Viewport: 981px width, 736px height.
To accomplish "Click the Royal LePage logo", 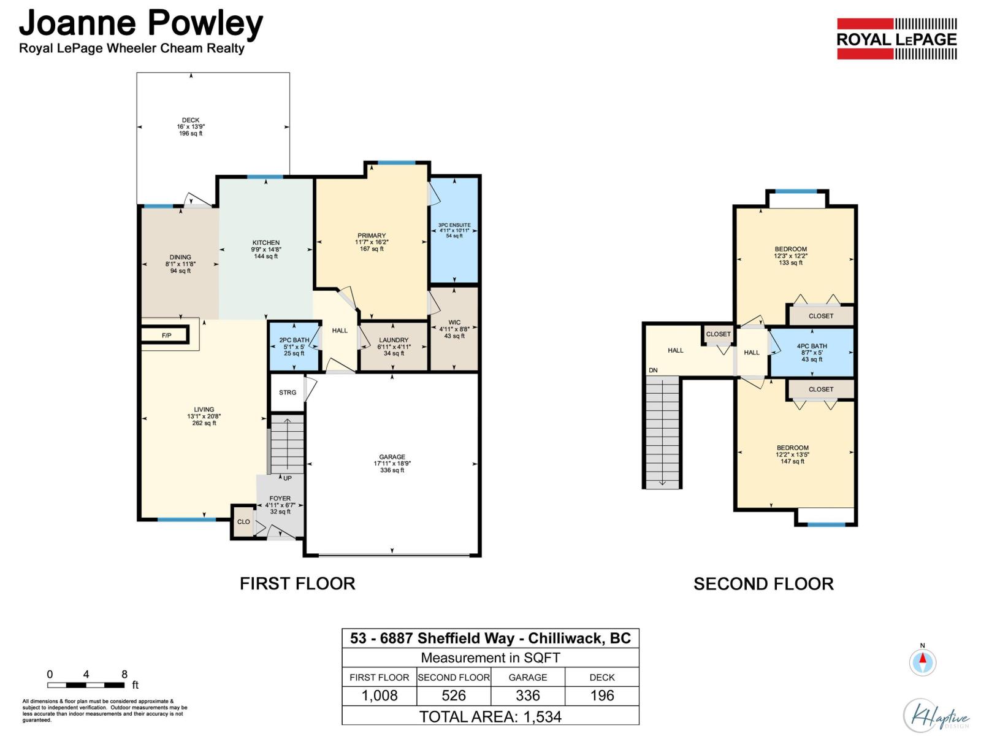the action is point(896,39).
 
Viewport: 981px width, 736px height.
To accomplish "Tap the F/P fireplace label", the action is point(166,335).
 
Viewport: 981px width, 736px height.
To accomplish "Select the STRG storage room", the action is point(288,393).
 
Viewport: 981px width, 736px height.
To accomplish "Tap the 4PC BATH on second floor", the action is point(812,353).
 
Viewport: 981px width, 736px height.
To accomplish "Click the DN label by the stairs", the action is point(653,370).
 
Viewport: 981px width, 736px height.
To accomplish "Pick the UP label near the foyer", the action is point(288,478).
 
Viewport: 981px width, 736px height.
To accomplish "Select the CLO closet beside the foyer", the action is point(243,521).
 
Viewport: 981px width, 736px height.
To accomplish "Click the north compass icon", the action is point(923,661).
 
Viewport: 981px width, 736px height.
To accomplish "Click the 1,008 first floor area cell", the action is point(380,696).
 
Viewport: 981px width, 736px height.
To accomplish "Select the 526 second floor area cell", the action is point(454,696).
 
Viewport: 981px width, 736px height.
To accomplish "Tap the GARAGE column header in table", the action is point(528,678).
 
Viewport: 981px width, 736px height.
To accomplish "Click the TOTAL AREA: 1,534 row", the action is point(490,717).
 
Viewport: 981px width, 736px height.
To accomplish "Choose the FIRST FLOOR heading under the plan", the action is point(297,584).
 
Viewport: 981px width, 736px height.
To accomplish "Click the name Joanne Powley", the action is point(141,23).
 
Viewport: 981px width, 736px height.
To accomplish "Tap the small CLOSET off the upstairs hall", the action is point(718,334).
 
